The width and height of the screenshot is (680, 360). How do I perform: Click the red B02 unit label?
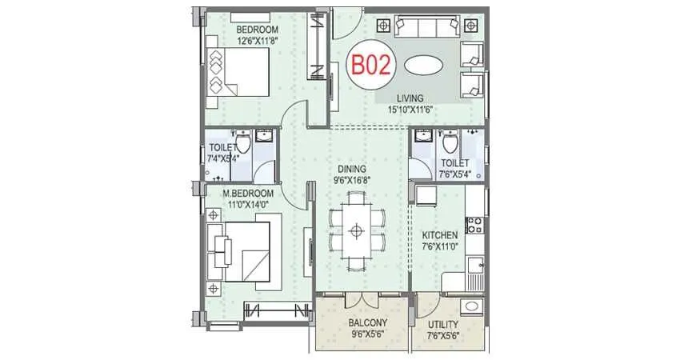[x=372, y=64]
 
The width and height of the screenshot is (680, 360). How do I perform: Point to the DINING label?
[x=351, y=169]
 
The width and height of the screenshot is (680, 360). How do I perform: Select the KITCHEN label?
[x=440, y=235]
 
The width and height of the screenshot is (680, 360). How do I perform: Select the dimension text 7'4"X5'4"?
[x=223, y=159]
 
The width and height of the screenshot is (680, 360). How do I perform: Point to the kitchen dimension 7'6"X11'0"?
[x=440, y=246]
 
